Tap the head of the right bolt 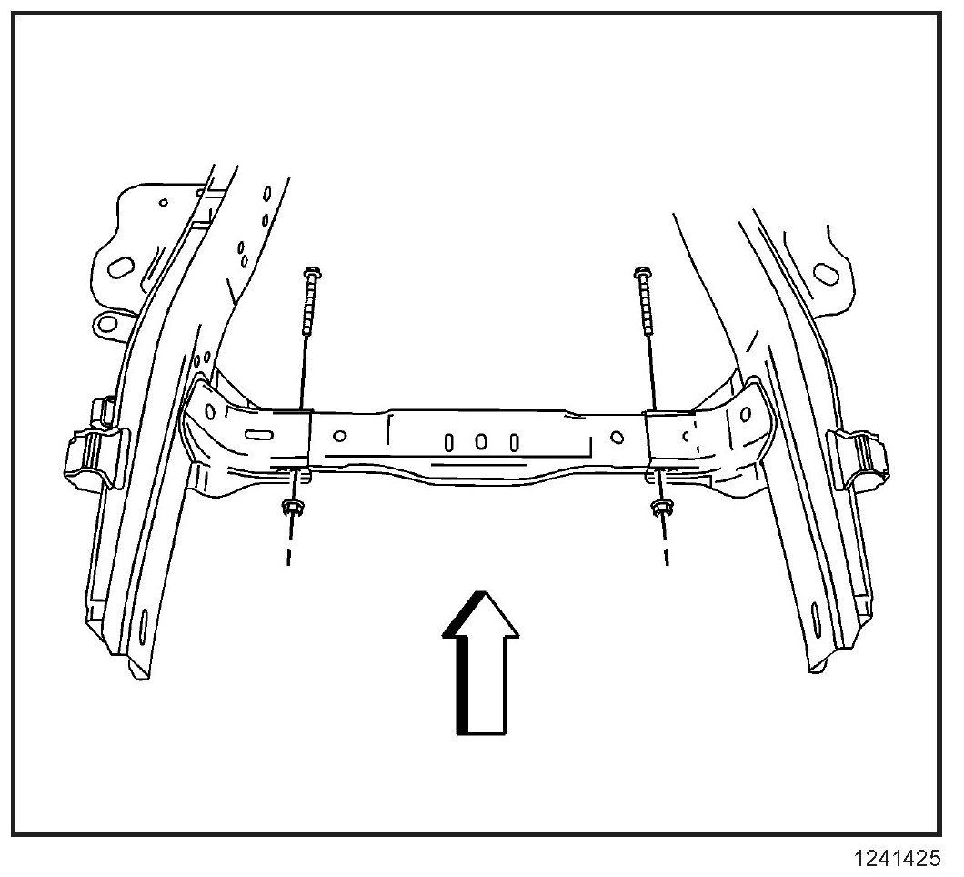[x=641, y=272]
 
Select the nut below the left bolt [x=292, y=508]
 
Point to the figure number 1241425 [x=897, y=857]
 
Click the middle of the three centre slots [x=482, y=442]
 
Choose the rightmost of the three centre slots [x=514, y=443]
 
